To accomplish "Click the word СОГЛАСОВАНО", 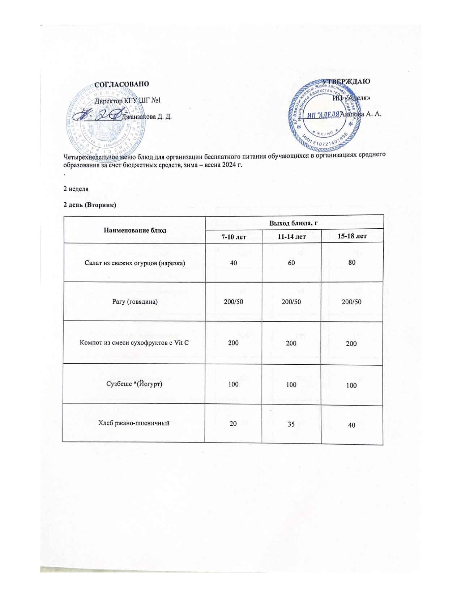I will [121, 84].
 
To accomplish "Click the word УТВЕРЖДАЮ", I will [346, 81].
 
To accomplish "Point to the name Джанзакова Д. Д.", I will [147, 117].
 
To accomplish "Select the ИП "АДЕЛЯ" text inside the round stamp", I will [324, 115].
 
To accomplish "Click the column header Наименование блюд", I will [135, 230].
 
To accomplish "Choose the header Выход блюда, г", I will [294, 221].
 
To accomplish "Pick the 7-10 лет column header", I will [233, 237].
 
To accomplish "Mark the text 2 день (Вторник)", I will [90, 205].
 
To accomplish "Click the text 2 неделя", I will [76, 189].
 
